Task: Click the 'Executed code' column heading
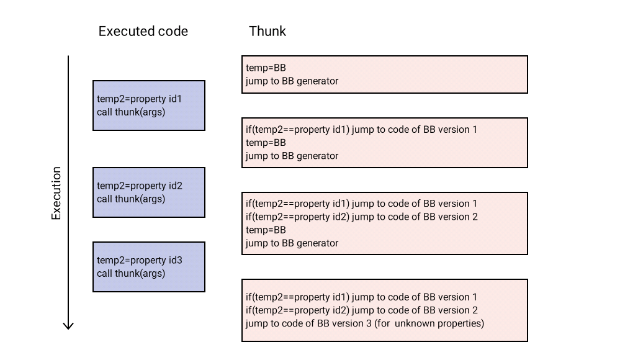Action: (143, 31)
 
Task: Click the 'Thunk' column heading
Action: (267, 31)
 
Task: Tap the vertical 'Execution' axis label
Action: (56, 193)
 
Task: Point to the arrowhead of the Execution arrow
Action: (69, 325)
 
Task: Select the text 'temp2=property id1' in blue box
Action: (139, 99)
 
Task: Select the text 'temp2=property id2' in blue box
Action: (139, 186)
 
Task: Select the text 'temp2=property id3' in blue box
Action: (139, 260)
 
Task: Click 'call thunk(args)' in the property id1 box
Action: (131, 112)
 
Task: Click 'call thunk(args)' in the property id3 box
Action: (131, 273)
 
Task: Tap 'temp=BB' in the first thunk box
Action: (266, 68)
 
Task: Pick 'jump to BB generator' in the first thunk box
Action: (292, 81)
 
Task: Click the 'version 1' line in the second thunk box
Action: (361, 129)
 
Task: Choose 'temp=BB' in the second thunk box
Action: (266, 143)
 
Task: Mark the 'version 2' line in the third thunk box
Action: (361, 217)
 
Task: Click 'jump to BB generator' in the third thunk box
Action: (292, 243)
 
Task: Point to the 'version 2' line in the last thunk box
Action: (361, 310)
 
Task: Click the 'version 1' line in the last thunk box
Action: (361, 297)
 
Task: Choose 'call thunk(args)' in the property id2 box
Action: (131, 199)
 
